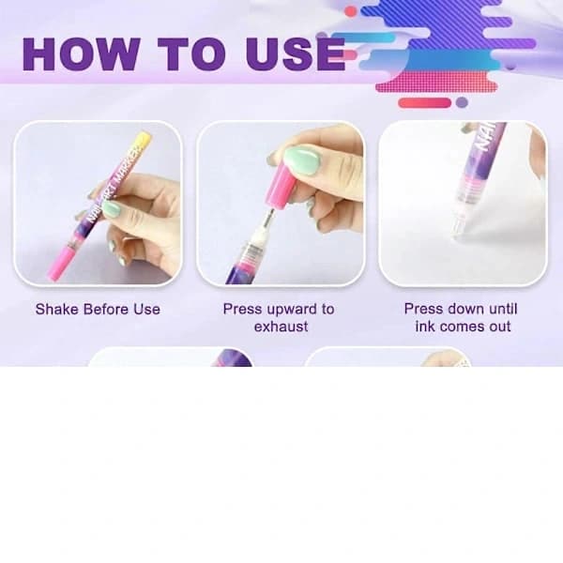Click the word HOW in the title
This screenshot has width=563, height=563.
click(81, 54)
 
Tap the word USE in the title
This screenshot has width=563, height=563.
click(296, 54)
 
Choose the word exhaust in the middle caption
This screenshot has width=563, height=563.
click(281, 327)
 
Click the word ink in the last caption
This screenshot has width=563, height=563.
click(425, 327)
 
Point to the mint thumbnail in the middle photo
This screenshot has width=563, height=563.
click(301, 160)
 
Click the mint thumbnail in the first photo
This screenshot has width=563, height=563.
click(112, 209)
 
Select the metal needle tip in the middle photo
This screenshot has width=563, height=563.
click(267, 218)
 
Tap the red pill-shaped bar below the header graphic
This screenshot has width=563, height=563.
click(425, 102)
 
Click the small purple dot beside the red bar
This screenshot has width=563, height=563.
click(462, 102)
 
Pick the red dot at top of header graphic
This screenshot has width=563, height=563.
click(350, 11)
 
